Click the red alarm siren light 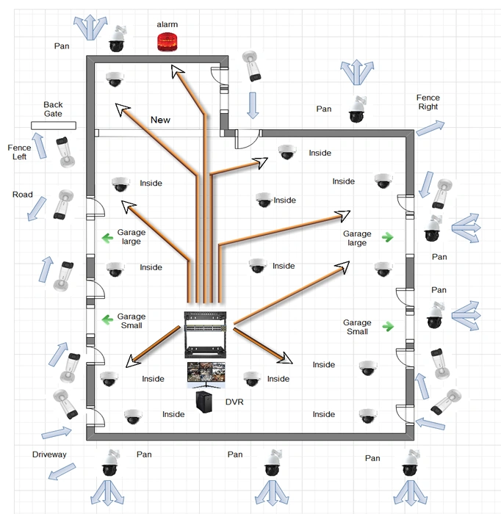click(x=167, y=42)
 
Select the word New click(x=161, y=120)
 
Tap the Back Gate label click(x=53, y=109)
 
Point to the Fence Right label click(x=428, y=102)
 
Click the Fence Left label click(x=19, y=152)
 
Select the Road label click(x=23, y=195)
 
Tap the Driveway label click(x=49, y=455)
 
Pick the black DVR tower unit click(x=205, y=402)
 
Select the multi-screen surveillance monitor click(x=207, y=374)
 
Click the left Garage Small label click(x=131, y=320)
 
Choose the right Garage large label click(x=357, y=238)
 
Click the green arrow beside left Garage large click(x=104, y=237)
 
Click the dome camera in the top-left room click(x=114, y=79)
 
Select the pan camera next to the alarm click(x=117, y=40)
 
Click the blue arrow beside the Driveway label click(x=54, y=475)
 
